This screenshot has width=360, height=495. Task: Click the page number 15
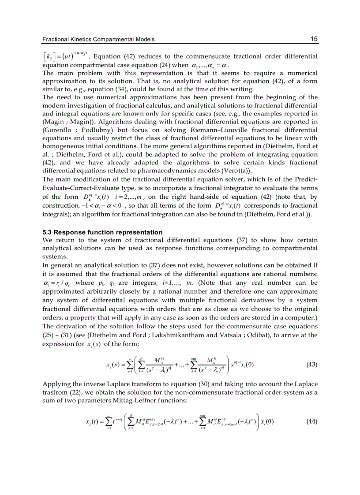pyautogui.click(x=314, y=39)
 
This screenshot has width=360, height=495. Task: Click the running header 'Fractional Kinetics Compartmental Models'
pyautogui.click(x=98, y=40)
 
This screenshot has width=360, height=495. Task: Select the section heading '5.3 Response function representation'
pyautogui.click(x=102, y=232)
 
